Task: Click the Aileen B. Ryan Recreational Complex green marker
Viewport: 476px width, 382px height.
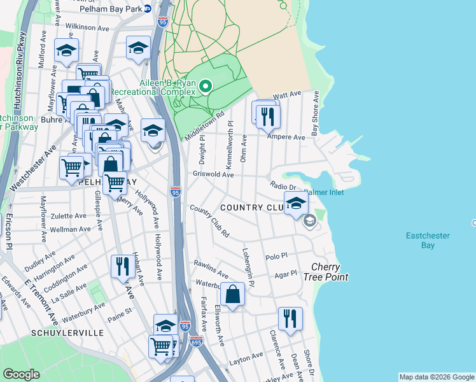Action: [x=206, y=87]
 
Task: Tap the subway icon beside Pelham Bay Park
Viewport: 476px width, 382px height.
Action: [x=148, y=9]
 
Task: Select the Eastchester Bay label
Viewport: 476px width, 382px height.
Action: [x=428, y=240]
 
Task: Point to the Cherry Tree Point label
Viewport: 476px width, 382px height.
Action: [x=329, y=272]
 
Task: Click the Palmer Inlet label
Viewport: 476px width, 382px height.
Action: [x=324, y=192]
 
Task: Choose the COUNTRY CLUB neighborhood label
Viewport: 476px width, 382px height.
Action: [x=251, y=208]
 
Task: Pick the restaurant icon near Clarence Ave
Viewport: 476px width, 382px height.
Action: [x=290, y=318]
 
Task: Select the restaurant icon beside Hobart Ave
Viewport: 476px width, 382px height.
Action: [x=122, y=266]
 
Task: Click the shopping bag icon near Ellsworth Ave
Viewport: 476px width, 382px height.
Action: [x=233, y=294]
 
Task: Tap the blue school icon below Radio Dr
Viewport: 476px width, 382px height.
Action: [x=296, y=204]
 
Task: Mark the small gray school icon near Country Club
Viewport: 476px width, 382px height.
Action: [x=310, y=221]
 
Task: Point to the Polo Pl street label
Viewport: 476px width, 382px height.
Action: [x=277, y=254]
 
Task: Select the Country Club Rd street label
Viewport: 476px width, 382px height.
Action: [x=209, y=221]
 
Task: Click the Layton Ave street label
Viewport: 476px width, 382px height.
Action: [x=246, y=359]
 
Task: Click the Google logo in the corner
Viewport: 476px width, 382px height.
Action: [x=21, y=374]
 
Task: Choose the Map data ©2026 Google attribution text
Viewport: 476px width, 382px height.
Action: [x=436, y=377]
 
